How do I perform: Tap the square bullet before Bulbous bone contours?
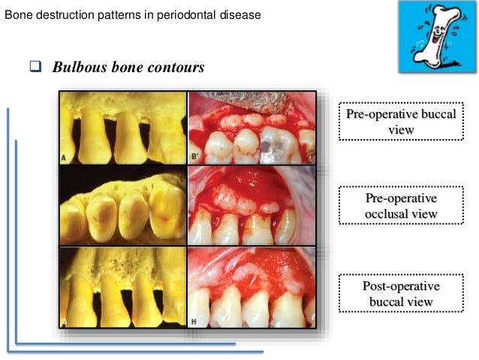pyautogui.click(x=35, y=67)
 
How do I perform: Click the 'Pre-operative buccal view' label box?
pyautogui.click(x=400, y=121)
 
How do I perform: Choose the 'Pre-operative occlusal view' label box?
pyautogui.click(x=400, y=207)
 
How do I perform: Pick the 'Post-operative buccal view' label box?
pyautogui.click(x=400, y=293)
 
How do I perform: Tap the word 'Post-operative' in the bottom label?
pyautogui.click(x=400, y=286)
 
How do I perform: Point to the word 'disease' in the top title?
pyautogui.click(x=233, y=14)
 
